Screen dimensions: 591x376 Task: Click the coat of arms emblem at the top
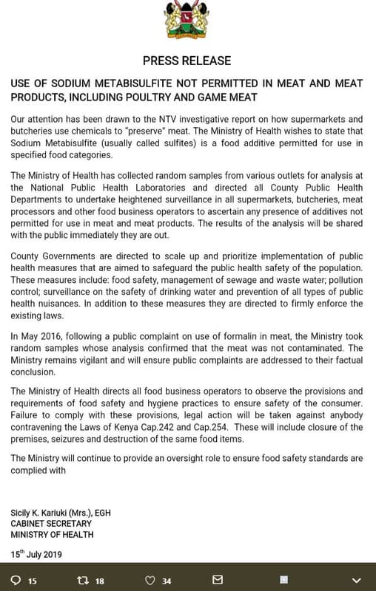(187, 20)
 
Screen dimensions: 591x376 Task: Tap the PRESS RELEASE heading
(187, 61)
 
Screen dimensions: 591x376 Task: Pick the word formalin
(234, 337)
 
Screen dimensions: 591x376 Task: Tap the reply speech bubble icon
(16, 580)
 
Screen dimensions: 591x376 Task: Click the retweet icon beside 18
(83, 580)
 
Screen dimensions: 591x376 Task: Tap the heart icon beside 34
(150, 580)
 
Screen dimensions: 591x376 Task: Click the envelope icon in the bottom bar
(217, 580)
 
